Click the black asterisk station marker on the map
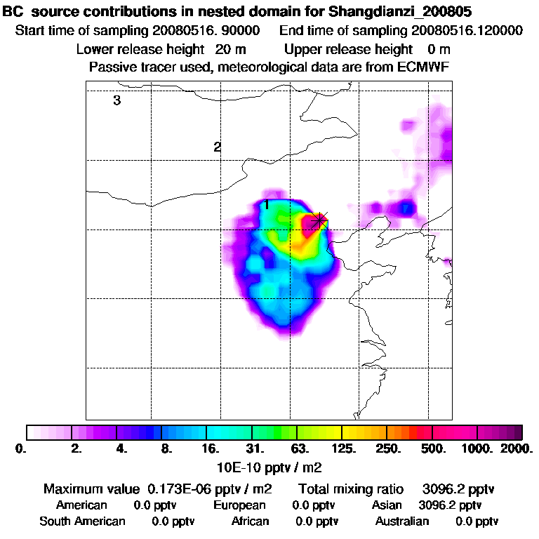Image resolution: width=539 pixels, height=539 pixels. point(319,220)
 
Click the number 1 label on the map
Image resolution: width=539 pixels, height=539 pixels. point(267,205)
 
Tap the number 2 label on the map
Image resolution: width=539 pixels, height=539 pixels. point(218,147)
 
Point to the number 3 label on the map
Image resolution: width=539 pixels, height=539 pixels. point(117,100)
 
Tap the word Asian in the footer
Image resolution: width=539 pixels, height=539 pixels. point(387,505)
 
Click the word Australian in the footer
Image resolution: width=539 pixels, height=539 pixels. point(401,521)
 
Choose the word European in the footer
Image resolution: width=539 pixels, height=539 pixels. point(239,505)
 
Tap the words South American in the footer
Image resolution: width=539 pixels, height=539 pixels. point(82,521)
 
